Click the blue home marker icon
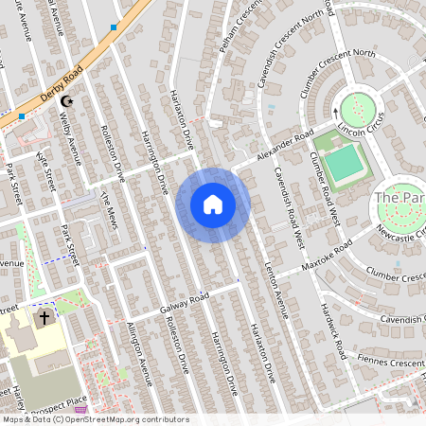point(212,204)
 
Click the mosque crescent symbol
point(66,100)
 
